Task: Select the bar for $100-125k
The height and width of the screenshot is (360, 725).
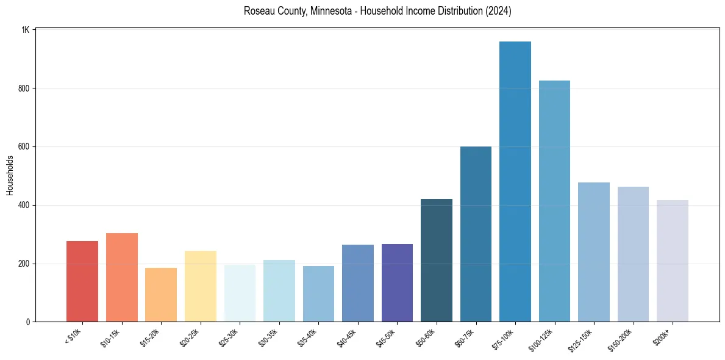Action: click(554, 201)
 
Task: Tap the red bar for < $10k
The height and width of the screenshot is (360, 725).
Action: click(82, 281)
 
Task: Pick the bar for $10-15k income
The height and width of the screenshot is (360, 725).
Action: click(121, 278)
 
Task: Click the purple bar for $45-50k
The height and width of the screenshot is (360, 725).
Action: click(397, 283)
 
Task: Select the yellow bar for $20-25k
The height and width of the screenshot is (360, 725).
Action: click(201, 286)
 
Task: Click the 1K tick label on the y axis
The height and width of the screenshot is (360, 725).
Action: click(26, 30)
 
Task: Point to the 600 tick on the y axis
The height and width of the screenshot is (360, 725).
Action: click(24, 147)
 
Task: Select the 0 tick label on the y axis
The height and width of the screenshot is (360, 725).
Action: click(28, 322)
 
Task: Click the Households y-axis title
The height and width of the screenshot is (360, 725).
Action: click(10, 176)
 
